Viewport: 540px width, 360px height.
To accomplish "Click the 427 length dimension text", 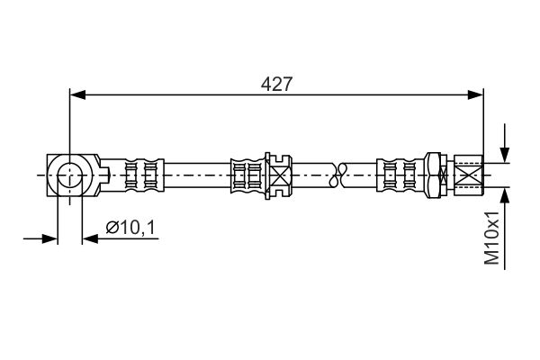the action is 276,84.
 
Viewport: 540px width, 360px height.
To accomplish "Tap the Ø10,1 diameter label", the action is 130,228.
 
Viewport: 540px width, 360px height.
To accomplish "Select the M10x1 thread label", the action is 491,238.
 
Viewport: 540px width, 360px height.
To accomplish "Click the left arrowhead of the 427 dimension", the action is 77,94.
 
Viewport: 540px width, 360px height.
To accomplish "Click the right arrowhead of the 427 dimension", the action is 475,94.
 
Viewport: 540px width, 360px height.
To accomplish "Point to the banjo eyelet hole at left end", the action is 70,175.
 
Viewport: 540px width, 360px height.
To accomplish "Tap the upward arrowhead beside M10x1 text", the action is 505,196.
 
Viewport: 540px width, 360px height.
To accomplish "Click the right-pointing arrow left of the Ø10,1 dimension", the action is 40,238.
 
